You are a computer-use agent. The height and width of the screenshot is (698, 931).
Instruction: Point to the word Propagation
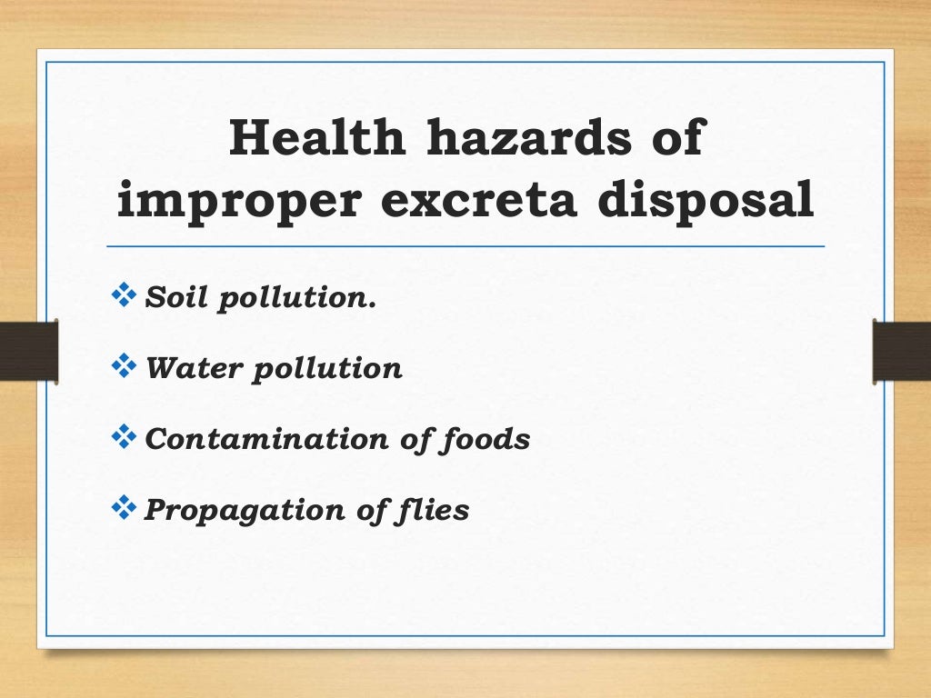238,510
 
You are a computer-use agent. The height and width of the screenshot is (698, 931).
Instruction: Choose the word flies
435,510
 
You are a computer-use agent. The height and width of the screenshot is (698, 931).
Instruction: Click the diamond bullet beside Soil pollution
121,295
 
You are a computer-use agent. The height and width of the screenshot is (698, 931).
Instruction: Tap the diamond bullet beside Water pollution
121,366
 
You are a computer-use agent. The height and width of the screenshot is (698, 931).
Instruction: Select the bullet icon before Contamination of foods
121,437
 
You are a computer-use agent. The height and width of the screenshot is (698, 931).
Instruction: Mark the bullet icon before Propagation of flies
121,508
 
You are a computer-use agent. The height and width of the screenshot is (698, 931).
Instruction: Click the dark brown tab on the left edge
28,351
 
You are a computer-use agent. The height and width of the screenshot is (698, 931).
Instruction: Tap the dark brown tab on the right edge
902,351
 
